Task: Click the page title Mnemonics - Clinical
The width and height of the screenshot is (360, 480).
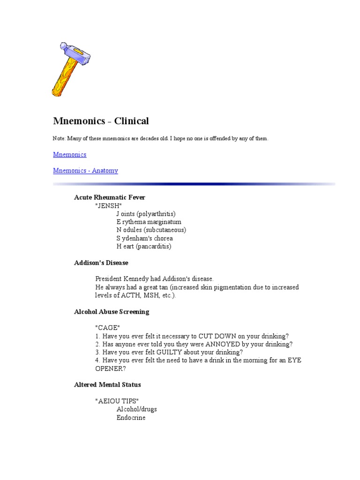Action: [x=101, y=121]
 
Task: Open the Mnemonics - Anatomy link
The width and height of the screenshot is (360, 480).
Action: [x=85, y=171]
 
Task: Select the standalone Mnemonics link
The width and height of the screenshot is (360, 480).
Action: [x=70, y=154]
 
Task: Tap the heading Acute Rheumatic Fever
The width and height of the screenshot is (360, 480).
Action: [x=110, y=197]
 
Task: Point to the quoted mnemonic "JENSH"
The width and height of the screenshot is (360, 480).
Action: [x=108, y=206]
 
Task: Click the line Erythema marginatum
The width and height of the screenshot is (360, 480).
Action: [x=149, y=222]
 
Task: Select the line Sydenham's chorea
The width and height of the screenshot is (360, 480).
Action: [x=144, y=238]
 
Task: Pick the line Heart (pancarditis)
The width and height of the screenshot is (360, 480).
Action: [x=144, y=246]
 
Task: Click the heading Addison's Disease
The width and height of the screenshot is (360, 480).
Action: [x=101, y=262]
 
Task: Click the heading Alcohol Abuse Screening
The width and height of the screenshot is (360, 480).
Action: [x=112, y=312]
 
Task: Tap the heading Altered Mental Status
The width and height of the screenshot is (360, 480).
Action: [x=107, y=385]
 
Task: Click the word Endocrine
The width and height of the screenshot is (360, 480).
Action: [x=131, y=417]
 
